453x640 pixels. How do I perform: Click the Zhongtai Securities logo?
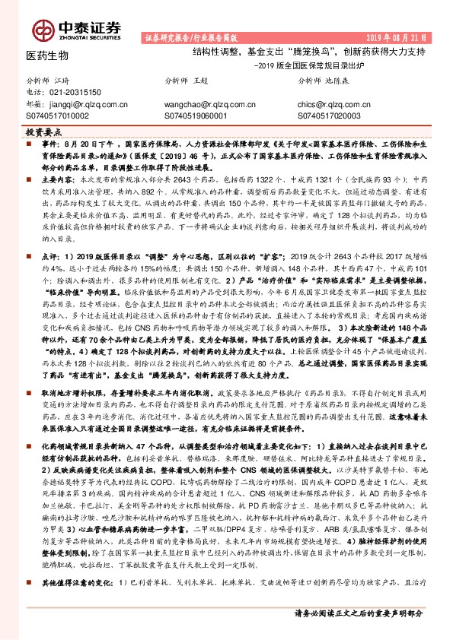click(76, 29)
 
